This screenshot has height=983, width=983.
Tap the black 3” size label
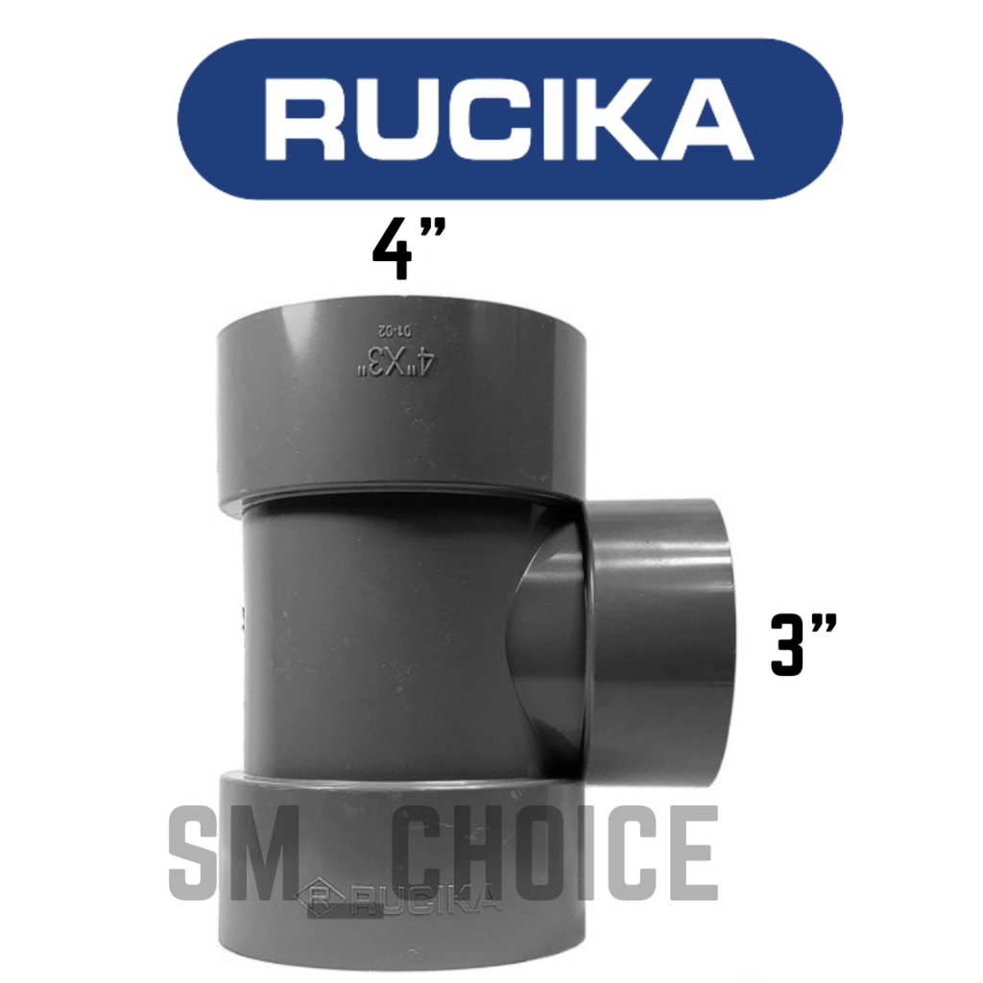803,646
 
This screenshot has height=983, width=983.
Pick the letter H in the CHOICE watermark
490,853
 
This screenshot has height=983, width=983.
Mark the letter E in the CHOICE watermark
690,853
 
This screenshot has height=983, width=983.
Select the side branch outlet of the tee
662,629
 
